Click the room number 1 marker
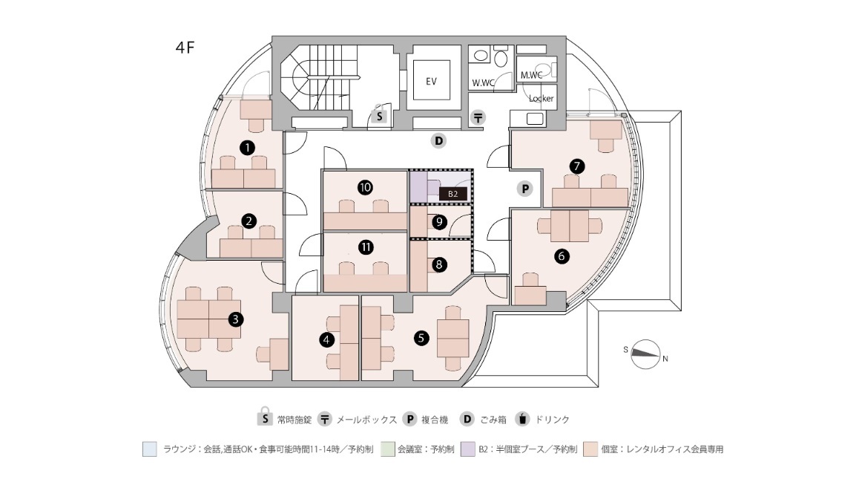(248, 148)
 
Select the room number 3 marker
(236, 319)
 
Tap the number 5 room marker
(421, 338)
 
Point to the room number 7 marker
(577, 166)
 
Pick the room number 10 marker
(365, 188)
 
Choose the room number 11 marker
(366, 247)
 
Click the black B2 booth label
(453, 194)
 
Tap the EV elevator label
(431, 81)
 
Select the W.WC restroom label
(483, 83)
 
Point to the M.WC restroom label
(531, 75)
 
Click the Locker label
(542, 99)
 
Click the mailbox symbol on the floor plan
(478, 117)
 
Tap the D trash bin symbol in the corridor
(438, 141)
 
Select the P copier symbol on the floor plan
(525, 189)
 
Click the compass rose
(645, 354)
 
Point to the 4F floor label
(185, 48)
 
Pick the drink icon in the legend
(523, 419)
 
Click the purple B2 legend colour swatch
(468, 449)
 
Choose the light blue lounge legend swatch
(150, 449)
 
